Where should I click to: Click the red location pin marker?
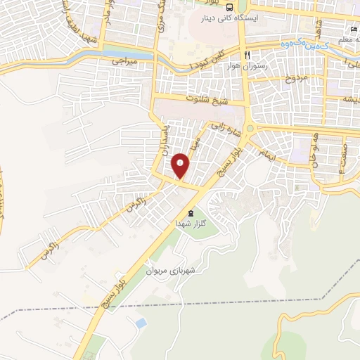(x=181, y=165)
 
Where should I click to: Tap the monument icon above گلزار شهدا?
(x=189, y=212)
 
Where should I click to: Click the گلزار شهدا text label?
(x=189, y=224)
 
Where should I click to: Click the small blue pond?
(x=141, y=323)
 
